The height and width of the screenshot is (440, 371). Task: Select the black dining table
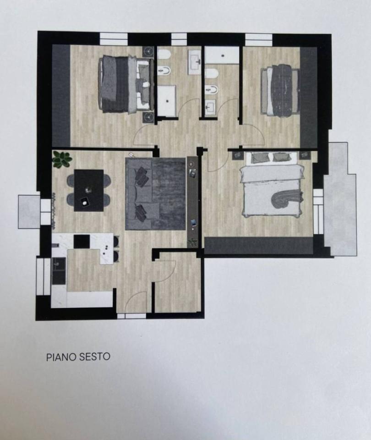89,190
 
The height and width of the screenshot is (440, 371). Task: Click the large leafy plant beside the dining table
62,159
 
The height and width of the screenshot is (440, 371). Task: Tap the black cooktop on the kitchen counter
82,242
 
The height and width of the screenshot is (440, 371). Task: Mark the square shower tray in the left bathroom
167,101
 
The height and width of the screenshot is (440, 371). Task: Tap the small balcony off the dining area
29,211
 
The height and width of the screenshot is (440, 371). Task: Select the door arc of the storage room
166,271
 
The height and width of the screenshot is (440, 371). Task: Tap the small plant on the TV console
193,242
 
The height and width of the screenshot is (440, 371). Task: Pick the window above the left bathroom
179,39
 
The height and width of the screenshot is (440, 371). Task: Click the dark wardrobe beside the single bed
309,97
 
